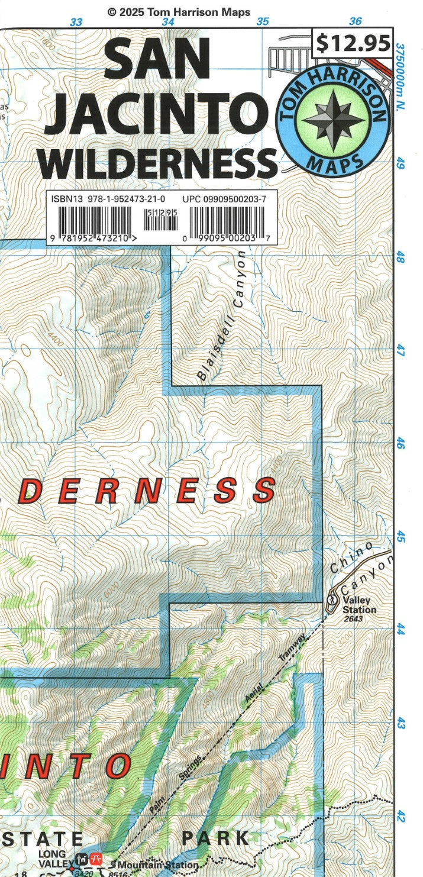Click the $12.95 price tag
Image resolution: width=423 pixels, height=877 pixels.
tap(353, 43)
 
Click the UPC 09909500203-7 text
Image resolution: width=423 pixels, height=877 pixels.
tap(224, 199)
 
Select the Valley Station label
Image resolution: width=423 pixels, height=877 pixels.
tap(359, 605)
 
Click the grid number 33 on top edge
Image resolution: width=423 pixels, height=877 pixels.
tap(76, 22)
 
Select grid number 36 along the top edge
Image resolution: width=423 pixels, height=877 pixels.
tap(355, 22)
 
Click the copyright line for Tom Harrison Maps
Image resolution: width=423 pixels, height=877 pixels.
tap(179, 12)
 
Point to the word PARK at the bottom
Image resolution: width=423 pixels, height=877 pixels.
tap(215, 839)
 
